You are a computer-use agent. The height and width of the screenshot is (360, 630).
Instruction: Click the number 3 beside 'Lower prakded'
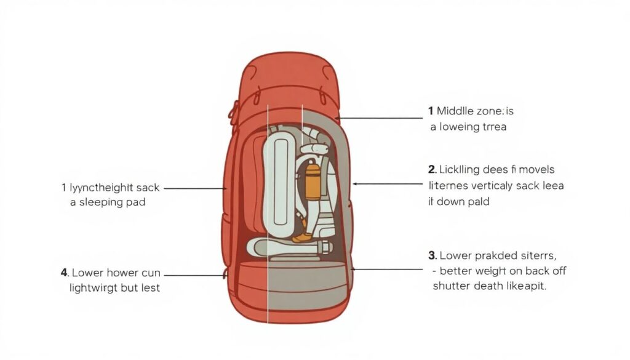coord(432,255)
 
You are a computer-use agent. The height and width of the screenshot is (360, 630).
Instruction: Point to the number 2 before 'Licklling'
coord(432,169)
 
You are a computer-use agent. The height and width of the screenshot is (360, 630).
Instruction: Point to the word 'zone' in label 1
coord(490,111)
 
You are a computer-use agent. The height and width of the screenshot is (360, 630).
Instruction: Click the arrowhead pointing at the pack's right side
coord(356,183)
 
